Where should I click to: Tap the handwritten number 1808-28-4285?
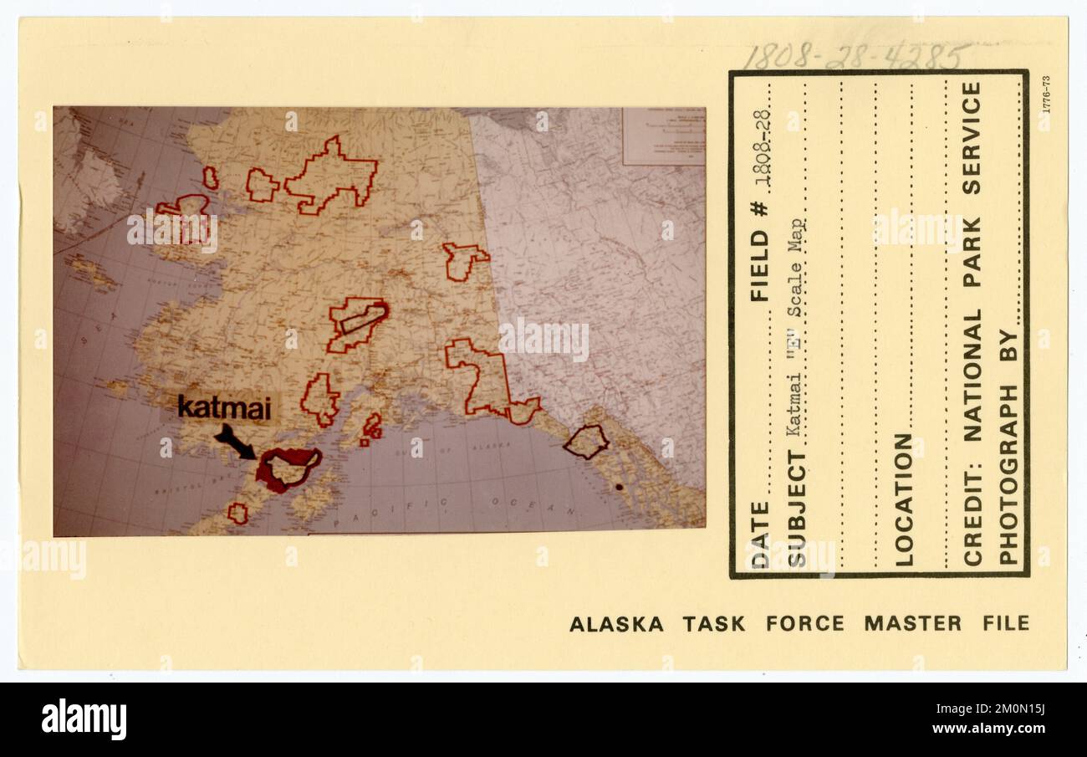(855, 56)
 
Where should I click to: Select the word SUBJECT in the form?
(797, 508)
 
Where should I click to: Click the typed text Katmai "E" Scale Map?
(797, 327)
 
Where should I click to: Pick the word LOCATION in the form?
(904, 499)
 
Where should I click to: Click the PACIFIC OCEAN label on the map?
(456, 504)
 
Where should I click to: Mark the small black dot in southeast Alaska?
(619, 486)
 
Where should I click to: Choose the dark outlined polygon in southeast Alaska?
(585, 442)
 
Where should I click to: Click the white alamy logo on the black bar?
(84, 720)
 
